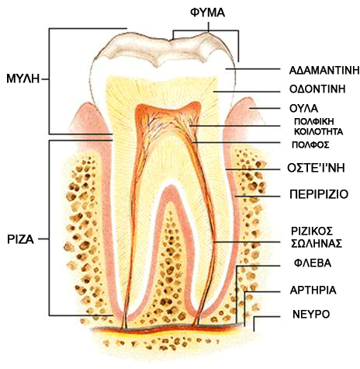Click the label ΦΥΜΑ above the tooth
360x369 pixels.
(208, 12)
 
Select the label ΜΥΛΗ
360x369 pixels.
(23, 78)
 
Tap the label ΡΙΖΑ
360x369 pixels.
(20, 239)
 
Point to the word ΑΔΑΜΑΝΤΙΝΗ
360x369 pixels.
(324, 70)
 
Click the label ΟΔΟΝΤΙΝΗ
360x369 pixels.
(317, 89)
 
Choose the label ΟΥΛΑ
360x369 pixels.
(303, 109)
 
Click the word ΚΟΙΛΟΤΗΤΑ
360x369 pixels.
(319, 131)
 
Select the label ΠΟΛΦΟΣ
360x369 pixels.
(310, 144)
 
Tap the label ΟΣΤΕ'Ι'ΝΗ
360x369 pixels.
(316, 168)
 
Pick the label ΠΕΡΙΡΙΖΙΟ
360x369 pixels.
(319, 194)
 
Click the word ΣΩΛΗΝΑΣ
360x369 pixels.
(317, 243)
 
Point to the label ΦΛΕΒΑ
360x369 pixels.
(313, 263)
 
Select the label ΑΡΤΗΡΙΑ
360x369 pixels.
(313, 291)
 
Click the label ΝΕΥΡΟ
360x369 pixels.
(311, 315)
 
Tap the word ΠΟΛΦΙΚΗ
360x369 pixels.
(314, 121)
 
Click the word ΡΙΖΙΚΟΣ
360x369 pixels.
(312, 231)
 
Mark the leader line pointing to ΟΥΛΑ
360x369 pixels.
(265, 109)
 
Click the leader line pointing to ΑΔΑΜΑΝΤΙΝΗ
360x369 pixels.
(253, 69)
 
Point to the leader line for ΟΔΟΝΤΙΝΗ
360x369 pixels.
(247, 92)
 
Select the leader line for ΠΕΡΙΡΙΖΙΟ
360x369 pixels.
(258, 197)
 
